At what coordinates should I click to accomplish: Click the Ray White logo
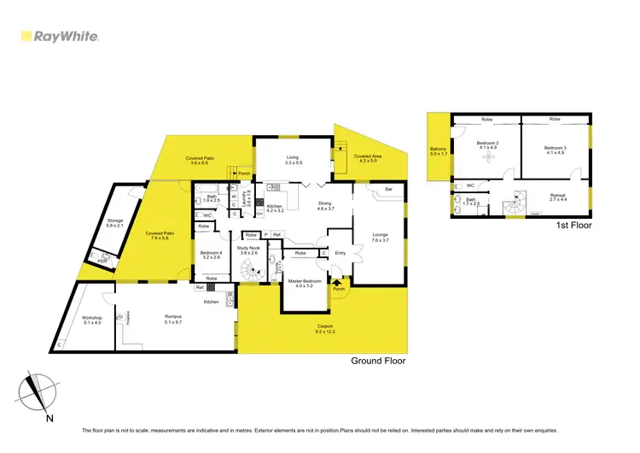pyautogui.click(x=59, y=37)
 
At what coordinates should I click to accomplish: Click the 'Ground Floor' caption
pyautogui.click(x=378, y=361)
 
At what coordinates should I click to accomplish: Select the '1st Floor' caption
pyautogui.click(x=573, y=226)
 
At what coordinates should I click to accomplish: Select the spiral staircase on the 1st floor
pyautogui.click(x=515, y=207)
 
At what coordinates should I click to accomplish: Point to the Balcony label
pyautogui.click(x=439, y=152)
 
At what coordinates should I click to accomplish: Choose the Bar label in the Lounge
pyautogui.click(x=388, y=189)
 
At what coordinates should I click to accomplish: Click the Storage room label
pyautogui.click(x=115, y=222)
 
